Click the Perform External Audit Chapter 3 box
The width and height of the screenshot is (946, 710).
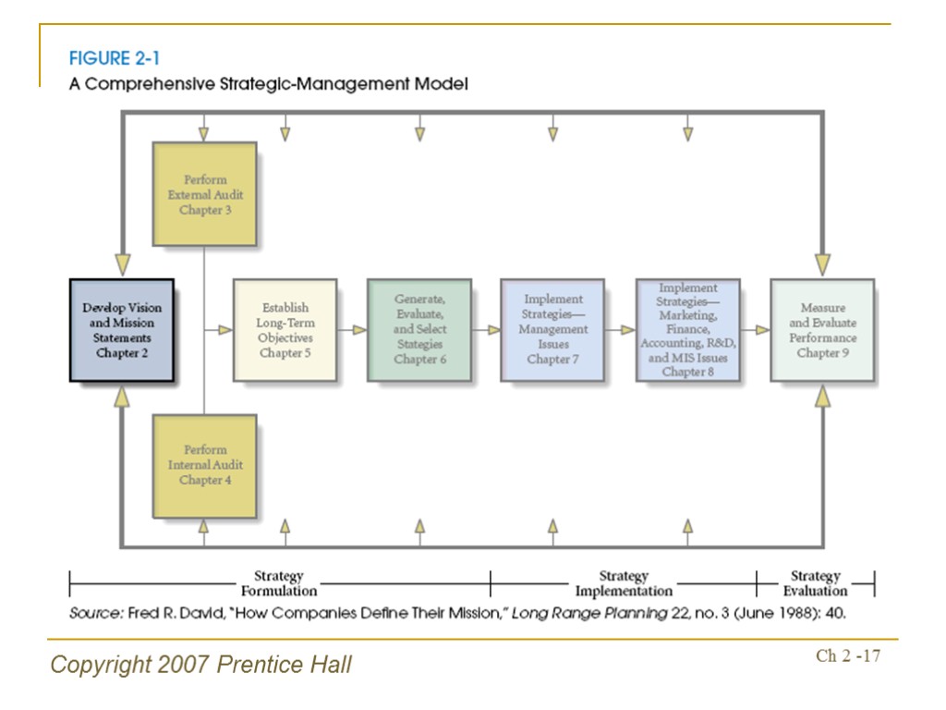[x=204, y=194]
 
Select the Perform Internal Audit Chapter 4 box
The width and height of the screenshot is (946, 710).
[x=204, y=465]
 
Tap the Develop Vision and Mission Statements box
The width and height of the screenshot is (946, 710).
[x=122, y=330]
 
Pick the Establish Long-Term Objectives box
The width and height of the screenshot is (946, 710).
[x=285, y=330]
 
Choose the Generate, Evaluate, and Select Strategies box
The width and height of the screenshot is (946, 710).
[x=418, y=330]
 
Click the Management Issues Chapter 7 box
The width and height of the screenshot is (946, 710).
[x=552, y=330]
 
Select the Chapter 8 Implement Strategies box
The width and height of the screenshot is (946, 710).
[x=687, y=330]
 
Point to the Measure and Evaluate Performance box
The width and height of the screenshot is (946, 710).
[x=821, y=330]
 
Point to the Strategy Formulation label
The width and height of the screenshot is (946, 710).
[x=279, y=583]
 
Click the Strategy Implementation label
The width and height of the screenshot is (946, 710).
[x=624, y=583]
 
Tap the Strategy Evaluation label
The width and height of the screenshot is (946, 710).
[x=815, y=583]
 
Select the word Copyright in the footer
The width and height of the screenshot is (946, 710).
[x=95, y=664]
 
